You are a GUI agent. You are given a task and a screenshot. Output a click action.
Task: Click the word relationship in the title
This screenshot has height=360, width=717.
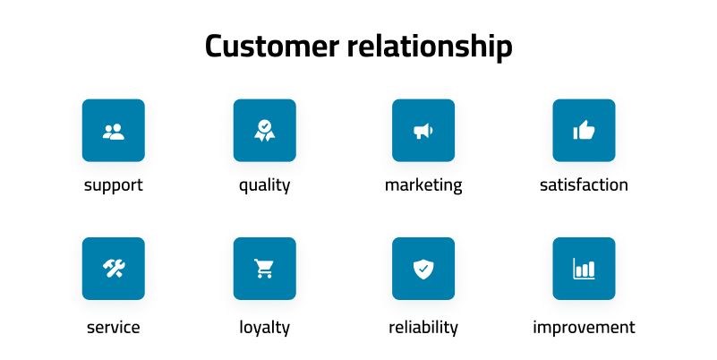click(430, 46)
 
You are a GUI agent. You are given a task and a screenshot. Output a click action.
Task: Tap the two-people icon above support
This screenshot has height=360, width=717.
click(114, 131)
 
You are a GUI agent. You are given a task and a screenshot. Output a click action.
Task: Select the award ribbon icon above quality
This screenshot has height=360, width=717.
click(264, 131)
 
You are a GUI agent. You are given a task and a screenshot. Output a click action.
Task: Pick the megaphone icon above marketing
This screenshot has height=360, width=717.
click(423, 131)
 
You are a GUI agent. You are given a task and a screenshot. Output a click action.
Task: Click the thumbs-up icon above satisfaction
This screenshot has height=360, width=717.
click(584, 131)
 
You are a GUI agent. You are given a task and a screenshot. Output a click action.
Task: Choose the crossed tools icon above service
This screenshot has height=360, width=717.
click(114, 268)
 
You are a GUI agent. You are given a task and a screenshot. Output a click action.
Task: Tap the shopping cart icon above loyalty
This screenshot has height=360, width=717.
click(264, 268)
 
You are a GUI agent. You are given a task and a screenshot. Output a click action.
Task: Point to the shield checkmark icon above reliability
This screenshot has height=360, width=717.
click(423, 268)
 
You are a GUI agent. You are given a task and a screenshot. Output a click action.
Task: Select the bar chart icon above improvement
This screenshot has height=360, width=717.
click(584, 268)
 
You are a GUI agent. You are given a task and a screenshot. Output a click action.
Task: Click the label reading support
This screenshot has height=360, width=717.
click(114, 185)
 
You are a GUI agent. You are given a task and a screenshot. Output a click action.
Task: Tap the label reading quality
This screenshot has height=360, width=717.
click(264, 185)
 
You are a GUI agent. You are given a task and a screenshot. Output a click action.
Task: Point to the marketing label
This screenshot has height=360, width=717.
click(423, 185)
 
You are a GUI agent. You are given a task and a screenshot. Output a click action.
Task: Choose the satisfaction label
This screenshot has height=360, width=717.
click(584, 185)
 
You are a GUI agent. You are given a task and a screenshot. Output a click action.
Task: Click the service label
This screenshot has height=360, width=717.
click(114, 327)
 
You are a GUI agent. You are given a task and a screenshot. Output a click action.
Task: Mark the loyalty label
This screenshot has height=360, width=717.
click(264, 327)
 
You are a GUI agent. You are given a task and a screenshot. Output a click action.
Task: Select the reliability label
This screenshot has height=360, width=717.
click(423, 327)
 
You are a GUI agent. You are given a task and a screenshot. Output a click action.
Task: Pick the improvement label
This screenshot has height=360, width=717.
click(584, 327)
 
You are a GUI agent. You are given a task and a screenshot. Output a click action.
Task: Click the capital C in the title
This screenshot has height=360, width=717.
click(215, 46)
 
